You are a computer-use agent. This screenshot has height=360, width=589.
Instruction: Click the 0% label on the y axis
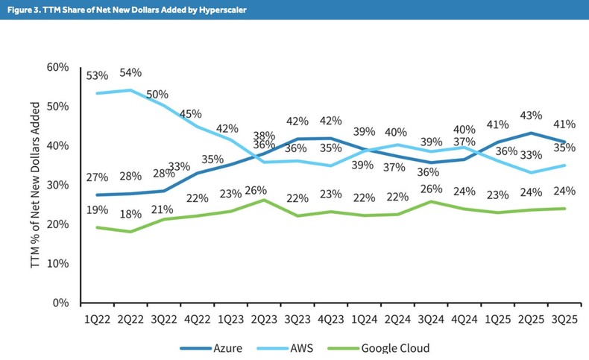pyautogui.click(x=60, y=303)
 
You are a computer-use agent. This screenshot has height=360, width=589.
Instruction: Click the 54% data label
pyautogui.click(x=130, y=72)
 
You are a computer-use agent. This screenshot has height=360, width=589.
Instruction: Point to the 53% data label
pyautogui.click(x=97, y=75)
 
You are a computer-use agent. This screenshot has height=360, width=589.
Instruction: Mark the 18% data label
pyautogui.click(x=131, y=215)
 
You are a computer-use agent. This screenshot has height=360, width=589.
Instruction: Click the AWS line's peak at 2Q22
pyautogui.click(x=132, y=90)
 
